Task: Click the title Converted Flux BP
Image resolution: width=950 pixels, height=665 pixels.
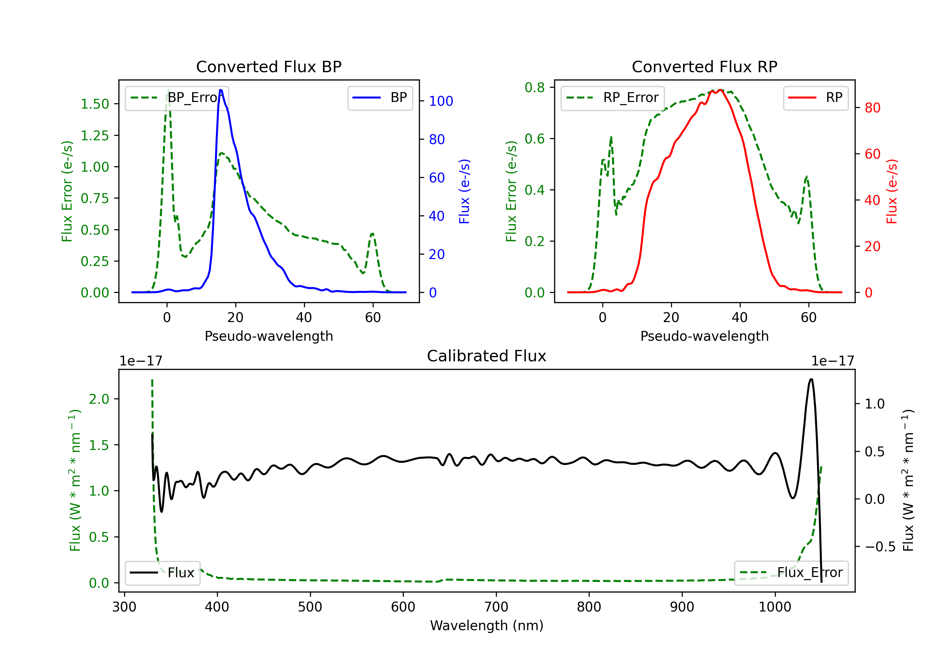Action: pos(269,66)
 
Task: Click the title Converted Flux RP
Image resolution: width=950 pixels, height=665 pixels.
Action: pos(704,66)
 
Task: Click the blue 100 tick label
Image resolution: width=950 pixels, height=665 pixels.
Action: pos(441,101)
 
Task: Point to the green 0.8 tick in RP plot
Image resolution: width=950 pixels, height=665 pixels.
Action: pos(534,87)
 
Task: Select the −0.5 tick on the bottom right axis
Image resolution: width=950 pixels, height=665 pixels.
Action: pos(880,547)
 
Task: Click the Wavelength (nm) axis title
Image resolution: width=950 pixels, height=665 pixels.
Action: pos(487,625)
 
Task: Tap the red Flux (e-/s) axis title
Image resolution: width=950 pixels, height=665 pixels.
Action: pos(892,191)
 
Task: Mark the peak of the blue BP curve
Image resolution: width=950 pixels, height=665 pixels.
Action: pos(220,90)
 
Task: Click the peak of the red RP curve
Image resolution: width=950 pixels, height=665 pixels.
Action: pos(720,90)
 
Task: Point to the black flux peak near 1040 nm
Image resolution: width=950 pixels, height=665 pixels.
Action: pos(811,379)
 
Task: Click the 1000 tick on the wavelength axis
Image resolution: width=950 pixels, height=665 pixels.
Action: pos(775,607)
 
